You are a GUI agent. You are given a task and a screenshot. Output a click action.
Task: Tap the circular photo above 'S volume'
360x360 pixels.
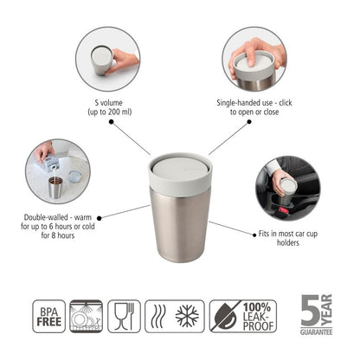coord(106,59)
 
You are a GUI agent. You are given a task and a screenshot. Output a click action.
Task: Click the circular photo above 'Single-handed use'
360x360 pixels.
coord(254,59)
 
